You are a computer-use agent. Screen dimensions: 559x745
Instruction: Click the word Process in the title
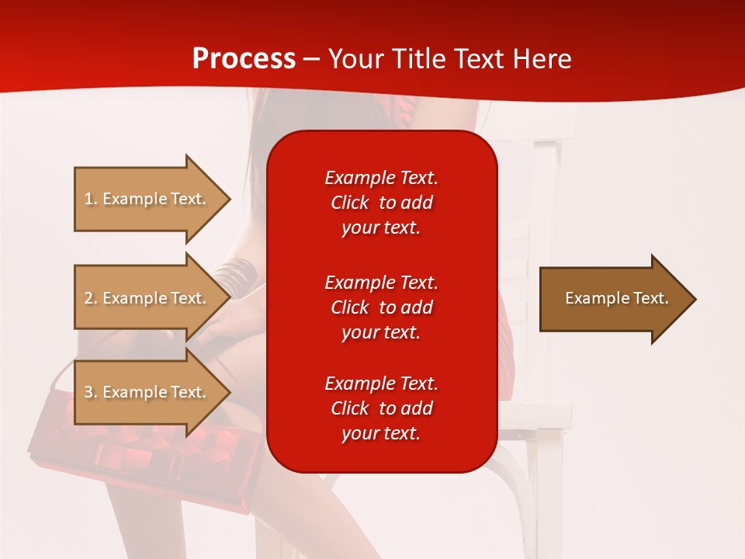244,59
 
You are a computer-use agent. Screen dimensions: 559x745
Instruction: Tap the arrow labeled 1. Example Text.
147,199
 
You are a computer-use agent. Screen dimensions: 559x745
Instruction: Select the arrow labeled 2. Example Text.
147,298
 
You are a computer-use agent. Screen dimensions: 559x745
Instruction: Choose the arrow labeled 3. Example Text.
147,392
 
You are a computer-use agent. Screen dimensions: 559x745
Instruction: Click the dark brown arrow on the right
613,299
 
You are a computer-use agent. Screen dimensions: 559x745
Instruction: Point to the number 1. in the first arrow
91,199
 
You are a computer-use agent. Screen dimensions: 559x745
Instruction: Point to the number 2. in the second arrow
91,298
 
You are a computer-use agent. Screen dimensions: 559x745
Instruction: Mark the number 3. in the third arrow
91,392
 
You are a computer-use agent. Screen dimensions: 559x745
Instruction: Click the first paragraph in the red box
381,203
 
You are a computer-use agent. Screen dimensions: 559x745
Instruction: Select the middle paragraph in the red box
381,307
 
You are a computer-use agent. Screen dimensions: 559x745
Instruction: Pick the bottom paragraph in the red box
381,408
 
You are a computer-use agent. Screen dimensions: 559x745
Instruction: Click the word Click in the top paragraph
349,203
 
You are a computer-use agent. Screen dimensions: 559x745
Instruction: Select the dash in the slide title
311,59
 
